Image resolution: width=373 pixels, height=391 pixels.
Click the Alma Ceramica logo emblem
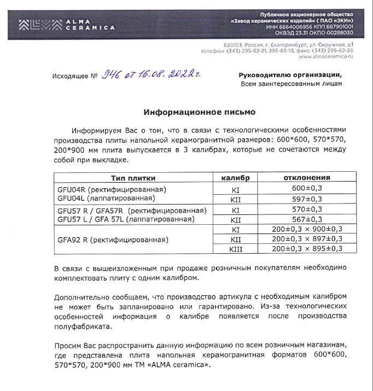39,24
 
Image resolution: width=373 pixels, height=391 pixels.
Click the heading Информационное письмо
200,113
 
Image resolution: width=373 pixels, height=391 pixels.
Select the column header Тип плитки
133,178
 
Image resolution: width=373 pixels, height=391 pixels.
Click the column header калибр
236,178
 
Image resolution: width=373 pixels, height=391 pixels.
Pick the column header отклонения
306,178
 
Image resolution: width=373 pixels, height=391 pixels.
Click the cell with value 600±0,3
306,189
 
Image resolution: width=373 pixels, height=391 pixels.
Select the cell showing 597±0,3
306,199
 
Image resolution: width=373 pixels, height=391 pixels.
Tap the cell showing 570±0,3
306,209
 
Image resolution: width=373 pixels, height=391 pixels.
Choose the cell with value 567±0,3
306,219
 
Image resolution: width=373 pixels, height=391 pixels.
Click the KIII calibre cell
236,249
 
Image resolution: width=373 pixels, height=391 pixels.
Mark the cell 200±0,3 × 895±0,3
306,249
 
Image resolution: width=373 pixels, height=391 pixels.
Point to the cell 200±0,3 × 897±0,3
306,239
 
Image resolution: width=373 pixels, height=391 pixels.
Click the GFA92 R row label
112,240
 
